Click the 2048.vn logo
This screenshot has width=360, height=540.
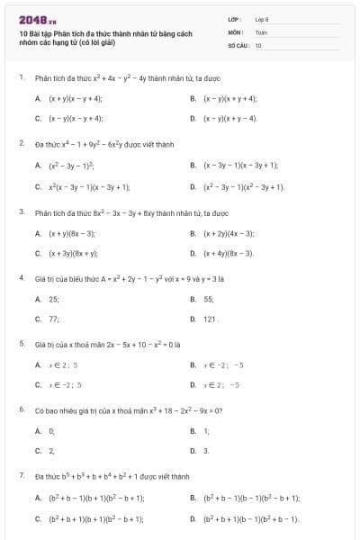[38, 19]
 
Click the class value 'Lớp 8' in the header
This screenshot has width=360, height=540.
[262, 19]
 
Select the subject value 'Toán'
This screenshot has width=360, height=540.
[261, 31]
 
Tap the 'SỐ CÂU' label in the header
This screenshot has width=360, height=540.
[238, 44]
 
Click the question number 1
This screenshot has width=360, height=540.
[21, 77]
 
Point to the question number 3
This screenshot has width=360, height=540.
[21, 212]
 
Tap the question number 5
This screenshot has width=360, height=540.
[21, 344]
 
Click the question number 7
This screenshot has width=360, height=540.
[21, 475]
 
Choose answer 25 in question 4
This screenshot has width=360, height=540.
[53, 299]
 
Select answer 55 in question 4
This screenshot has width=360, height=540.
[208, 299]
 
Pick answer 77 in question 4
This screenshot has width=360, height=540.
[53, 319]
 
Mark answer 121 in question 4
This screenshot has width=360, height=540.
[210, 319]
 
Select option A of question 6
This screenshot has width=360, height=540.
[51, 430]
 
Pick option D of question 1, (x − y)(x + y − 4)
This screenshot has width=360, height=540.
[230, 118]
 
